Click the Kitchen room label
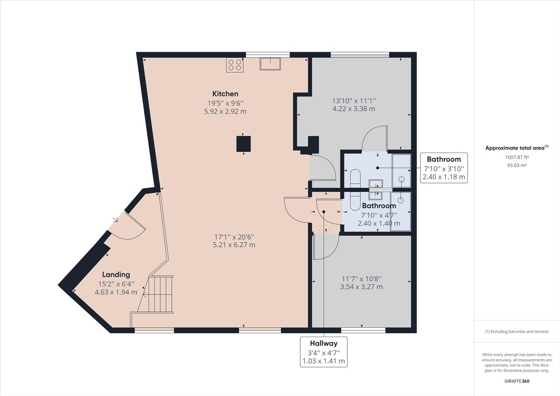pyautogui.click(x=225, y=94)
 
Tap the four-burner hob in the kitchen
pyautogui.click(x=235, y=65)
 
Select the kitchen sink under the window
pyautogui.click(x=270, y=63)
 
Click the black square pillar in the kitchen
pyautogui.click(x=243, y=144)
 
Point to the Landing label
pyautogui.click(x=116, y=275)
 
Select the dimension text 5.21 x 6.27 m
pyautogui.click(x=234, y=245)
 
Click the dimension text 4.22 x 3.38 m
pyautogui.click(x=354, y=109)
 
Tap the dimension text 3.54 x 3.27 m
pyautogui.click(x=361, y=287)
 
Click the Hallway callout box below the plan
pyautogui.click(x=323, y=352)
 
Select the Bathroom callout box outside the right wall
pyautogui.click(x=443, y=168)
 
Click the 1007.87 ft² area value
pyautogui.click(x=517, y=157)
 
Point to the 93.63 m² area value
pyautogui.click(x=517, y=165)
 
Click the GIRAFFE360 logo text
pyautogui.click(x=517, y=381)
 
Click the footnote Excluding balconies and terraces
pyautogui.click(x=517, y=331)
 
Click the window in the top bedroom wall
pyautogui.click(x=360, y=55)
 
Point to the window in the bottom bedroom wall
pyautogui.click(x=363, y=330)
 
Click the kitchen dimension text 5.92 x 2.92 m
pyautogui.click(x=225, y=111)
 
